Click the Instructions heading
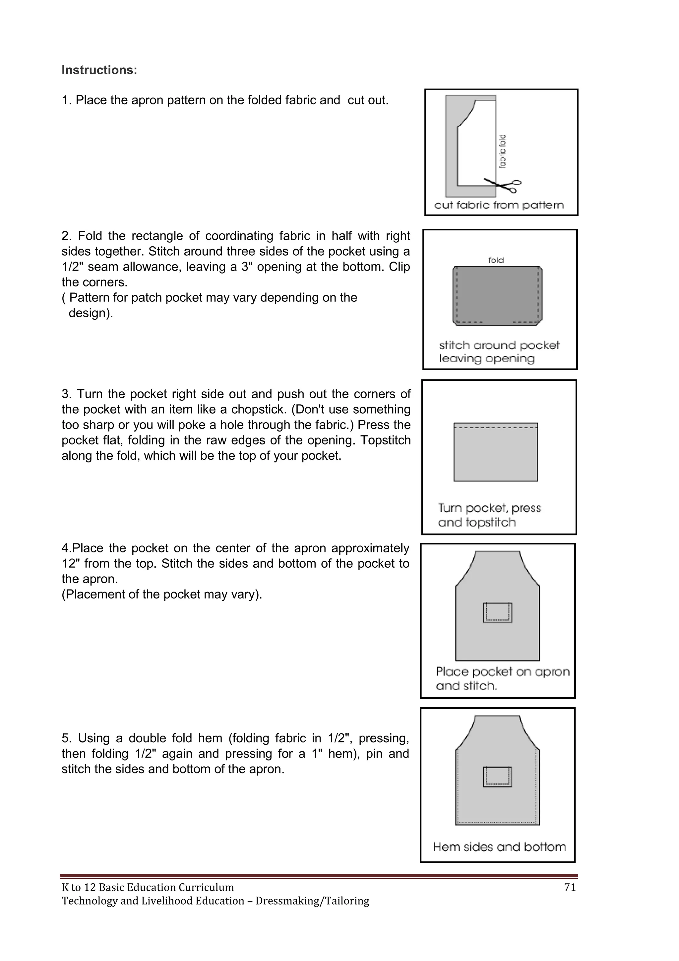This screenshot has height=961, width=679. click(x=99, y=70)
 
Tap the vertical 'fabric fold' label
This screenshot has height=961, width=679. click(x=503, y=151)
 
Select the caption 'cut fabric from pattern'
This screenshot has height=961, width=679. click(x=499, y=205)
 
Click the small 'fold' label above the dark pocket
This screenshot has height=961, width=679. click(x=496, y=260)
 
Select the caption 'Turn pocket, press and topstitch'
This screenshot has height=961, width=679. click(x=489, y=515)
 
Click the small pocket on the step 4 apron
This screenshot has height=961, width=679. click(x=498, y=612)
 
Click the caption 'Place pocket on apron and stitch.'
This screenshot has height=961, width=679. click(x=502, y=679)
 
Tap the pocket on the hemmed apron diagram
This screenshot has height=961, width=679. click(x=498, y=776)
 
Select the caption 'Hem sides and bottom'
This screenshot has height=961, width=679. click(x=499, y=847)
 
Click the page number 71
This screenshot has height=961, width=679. click(x=570, y=887)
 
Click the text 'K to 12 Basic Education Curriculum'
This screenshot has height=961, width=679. click(x=148, y=887)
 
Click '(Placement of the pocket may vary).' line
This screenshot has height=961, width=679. click(x=162, y=594)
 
